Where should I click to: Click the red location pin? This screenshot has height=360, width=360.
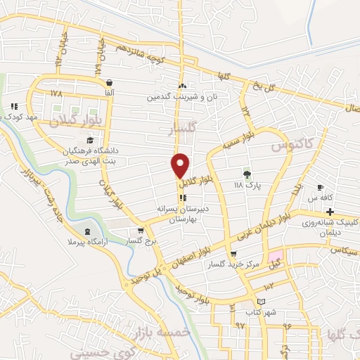181,165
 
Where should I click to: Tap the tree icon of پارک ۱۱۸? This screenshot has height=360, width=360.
246,174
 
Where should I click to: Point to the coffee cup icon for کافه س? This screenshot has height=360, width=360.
320,187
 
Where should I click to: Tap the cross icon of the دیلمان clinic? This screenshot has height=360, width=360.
330,212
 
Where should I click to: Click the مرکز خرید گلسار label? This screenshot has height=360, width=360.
233,265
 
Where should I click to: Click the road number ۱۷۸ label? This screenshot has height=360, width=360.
57,93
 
